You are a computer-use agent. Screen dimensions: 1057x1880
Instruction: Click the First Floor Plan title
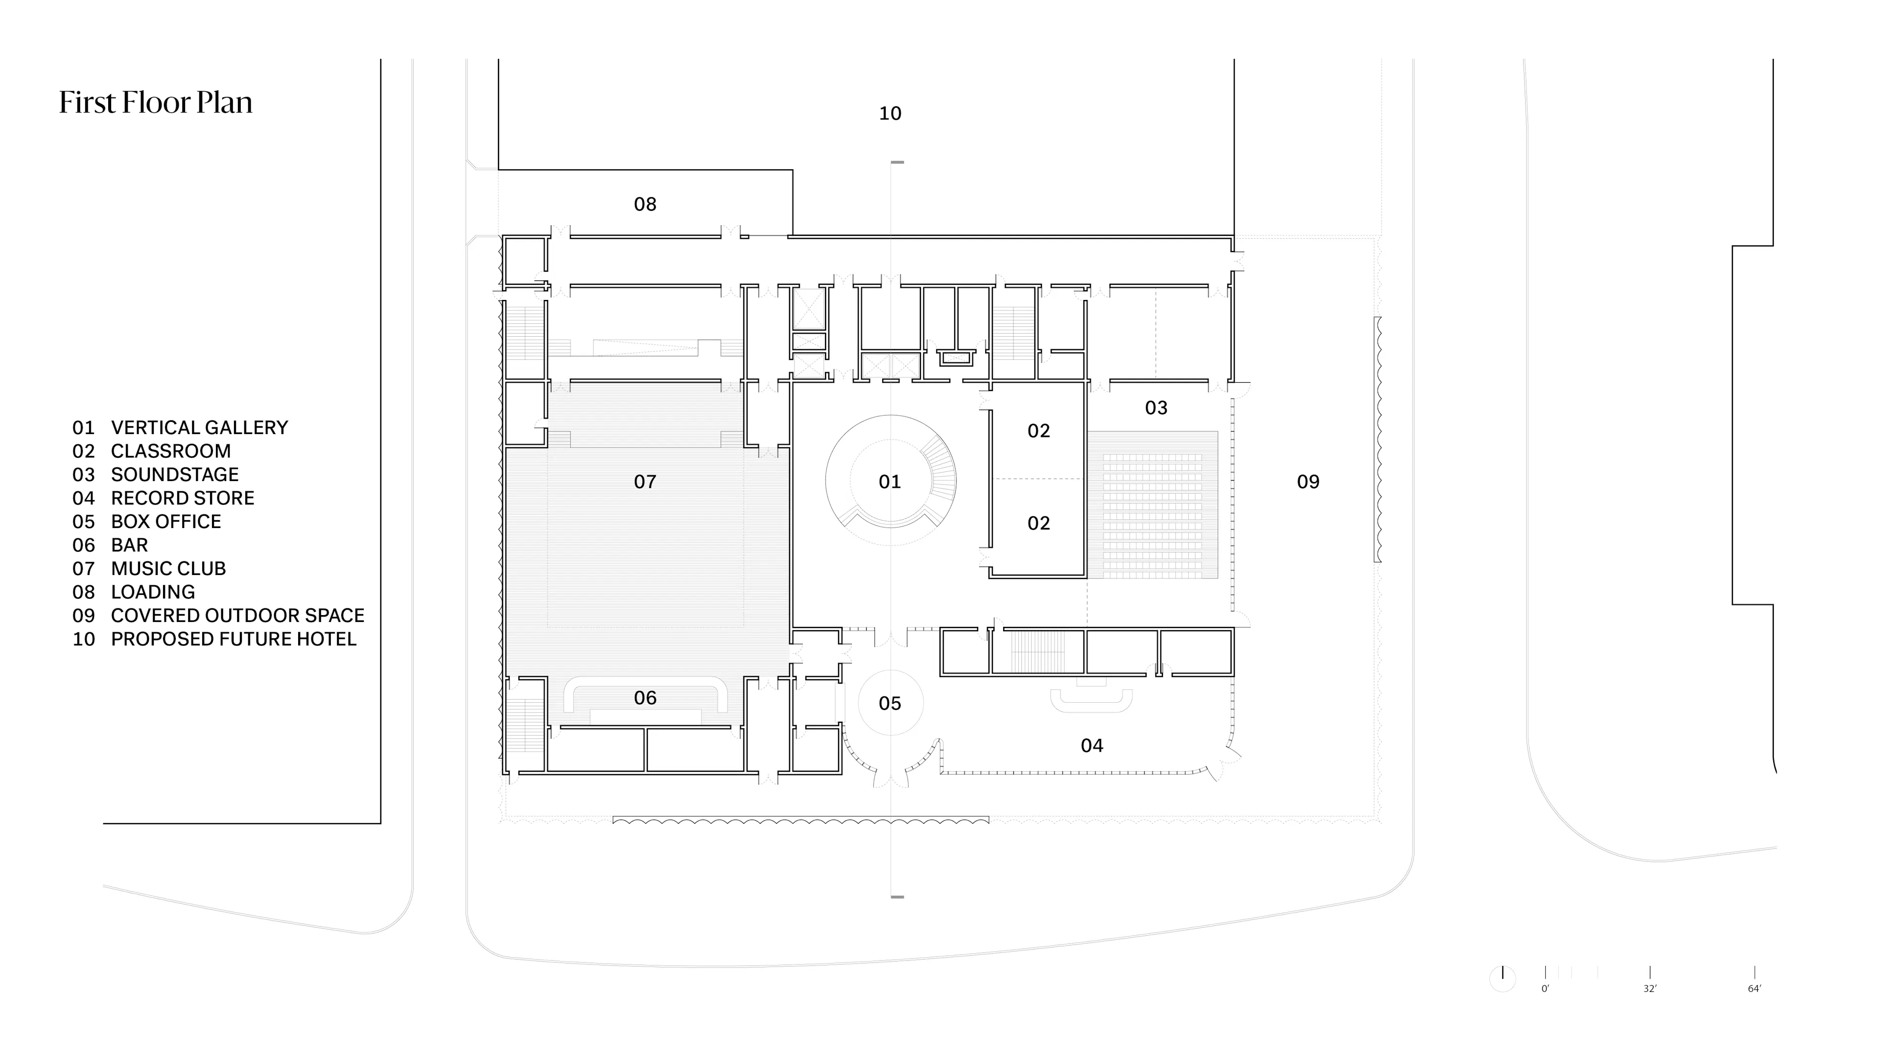point(156,103)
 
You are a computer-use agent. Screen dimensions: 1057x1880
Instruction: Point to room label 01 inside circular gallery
point(890,482)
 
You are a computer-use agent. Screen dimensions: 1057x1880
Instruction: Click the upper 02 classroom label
point(1038,431)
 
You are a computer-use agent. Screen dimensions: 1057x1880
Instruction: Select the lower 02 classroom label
point(1038,523)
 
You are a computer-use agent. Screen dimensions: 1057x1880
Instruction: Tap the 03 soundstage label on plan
point(1156,408)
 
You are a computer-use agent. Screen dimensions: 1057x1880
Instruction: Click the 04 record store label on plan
point(1092,745)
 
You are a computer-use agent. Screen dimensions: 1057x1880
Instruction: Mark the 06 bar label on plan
point(645,698)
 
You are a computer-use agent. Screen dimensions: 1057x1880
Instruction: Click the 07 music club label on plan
point(645,482)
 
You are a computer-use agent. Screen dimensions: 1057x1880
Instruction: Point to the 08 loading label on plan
point(645,204)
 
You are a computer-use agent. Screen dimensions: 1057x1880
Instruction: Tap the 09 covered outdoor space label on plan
point(1308,482)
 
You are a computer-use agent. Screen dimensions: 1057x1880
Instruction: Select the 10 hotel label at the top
point(890,114)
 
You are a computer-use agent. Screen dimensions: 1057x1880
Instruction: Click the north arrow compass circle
point(1503,978)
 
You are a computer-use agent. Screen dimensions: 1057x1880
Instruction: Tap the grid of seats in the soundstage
point(1152,505)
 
